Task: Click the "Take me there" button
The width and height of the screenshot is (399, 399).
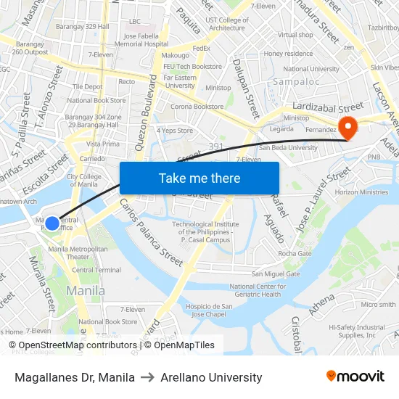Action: [x=199, y=178]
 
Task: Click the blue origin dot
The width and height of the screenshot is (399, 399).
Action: [x=52, y=223]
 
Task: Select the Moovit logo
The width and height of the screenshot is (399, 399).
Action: [x=355, y=377]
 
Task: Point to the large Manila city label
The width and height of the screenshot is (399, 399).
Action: [x=86, y=291]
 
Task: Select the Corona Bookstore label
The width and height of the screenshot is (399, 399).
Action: [x=197, y=107]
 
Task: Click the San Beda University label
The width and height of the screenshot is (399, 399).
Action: [x=288, y=147]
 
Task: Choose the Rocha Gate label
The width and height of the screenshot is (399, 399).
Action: [x=295, y=253]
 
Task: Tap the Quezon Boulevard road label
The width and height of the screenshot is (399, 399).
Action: [x=148, y=109]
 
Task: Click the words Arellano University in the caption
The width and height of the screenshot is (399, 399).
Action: [x=211, y=377]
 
